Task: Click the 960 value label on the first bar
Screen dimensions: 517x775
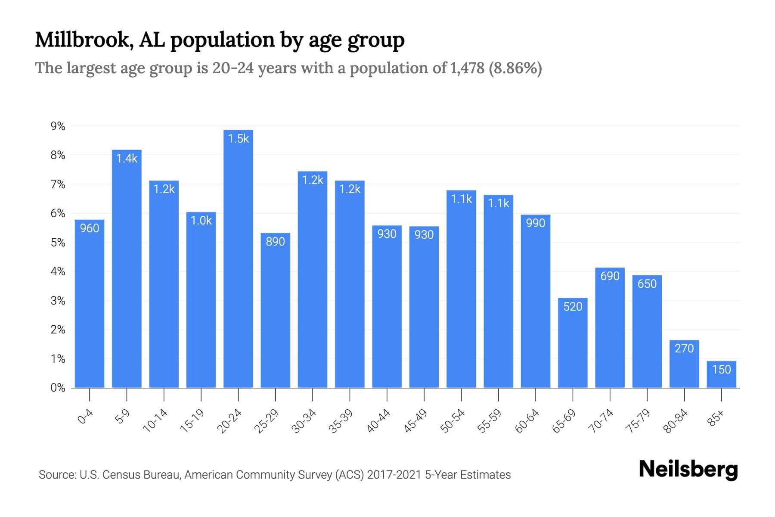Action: (90, 228)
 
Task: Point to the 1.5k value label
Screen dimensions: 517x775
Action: (238, 139)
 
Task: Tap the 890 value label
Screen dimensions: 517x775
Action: (275, 242)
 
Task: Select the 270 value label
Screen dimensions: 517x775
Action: (684, 349)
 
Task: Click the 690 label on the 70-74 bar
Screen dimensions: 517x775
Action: (610, 276)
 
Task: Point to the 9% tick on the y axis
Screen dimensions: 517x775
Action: (58, 126)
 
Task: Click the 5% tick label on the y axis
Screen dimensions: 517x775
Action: (58, 243)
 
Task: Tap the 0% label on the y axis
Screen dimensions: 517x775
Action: (58, 388)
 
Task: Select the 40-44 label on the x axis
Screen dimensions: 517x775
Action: (378, 421)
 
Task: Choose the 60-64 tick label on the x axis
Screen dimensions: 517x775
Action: (527, 421)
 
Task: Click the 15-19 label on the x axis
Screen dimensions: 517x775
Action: (192, 421)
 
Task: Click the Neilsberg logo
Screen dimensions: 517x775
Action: (688, 469)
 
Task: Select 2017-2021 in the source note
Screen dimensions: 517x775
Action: (394, 475)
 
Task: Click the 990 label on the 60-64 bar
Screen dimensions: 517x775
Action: (536, 223)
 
